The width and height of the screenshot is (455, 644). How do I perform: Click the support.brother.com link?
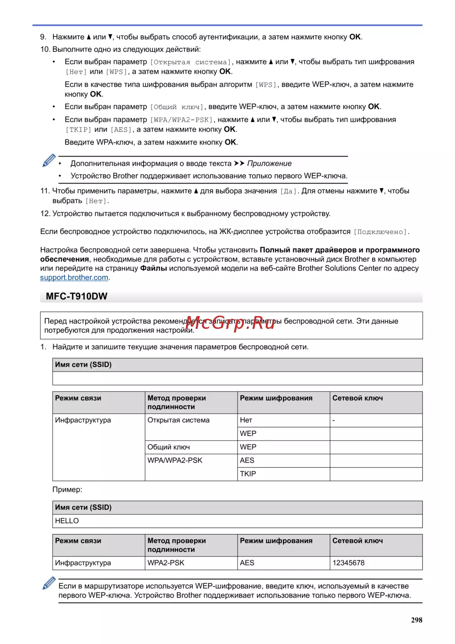(x=74, y=277)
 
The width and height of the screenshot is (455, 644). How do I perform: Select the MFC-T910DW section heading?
(x=76, y=296)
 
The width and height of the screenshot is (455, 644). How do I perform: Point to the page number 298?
(x=416, y=620)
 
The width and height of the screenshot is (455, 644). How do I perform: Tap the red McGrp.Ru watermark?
(x=231, y=323)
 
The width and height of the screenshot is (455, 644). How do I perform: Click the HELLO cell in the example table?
(x=67, y=521)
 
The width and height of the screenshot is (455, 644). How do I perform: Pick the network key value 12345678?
(x=348, y=563)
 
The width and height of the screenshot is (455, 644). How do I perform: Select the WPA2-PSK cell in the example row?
(x=166, y=563)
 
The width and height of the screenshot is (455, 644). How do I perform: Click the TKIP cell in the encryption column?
(x=248, y=474)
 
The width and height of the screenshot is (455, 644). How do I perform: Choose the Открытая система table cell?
(x=178, y=420)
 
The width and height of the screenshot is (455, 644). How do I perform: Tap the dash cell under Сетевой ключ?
(x=334, y=420)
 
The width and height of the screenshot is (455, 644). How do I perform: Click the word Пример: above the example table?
(x=67, y=490)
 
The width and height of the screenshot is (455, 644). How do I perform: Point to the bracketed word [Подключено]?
(x=380, y=232)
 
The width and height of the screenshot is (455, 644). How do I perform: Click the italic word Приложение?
(x=269, y=164)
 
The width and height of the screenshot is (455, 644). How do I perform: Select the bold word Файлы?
(x=153, y=268)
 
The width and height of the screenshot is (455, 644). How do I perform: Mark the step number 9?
(x=43, y=37)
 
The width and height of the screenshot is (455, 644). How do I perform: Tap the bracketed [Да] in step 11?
(x=288, y=191)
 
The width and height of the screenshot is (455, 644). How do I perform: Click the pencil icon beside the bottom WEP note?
(x=49, y=583)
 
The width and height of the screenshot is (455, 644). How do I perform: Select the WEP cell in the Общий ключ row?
(x=248, y=447)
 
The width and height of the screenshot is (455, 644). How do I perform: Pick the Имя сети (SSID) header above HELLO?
(x=83, y=507)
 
